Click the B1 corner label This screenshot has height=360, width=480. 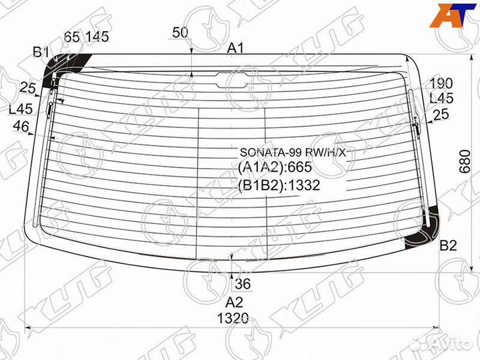(x=41, y=52)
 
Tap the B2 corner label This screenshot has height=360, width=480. (x=447, y=246)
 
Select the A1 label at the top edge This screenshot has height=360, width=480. (x=236, y=48)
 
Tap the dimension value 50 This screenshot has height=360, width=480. (x=180, y=32)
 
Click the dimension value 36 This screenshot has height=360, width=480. (x=243, y=285)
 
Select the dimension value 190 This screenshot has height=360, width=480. (x=441, y=83)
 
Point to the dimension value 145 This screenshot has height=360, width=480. (x=97, y=37)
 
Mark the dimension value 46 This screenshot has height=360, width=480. (x=21, y=126)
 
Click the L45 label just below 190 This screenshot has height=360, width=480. (x=441, y=99)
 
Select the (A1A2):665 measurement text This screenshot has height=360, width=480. (x=275, y=169)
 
